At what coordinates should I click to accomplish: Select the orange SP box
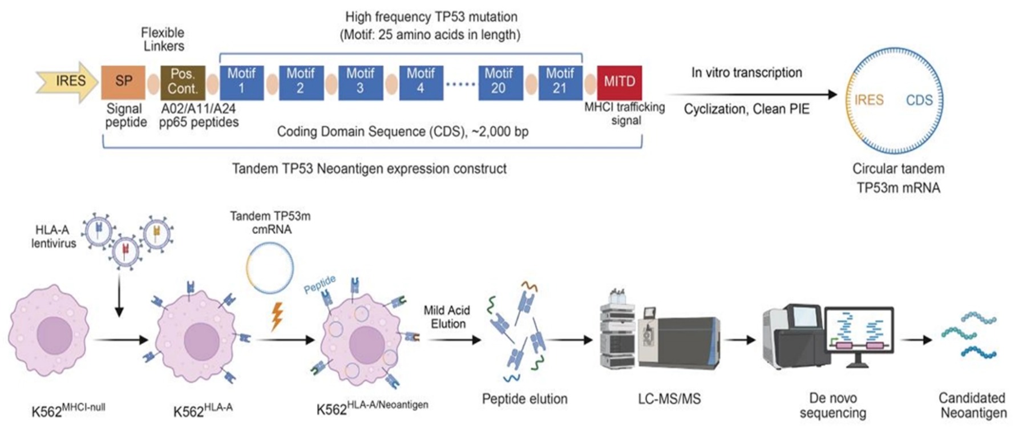(x=123, y=82)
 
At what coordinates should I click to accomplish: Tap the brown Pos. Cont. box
(x=183, y=82)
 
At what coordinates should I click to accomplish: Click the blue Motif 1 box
(x=241, y=82)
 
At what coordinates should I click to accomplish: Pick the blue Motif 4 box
(x=420, y=82)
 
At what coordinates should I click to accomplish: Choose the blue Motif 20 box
(x=498, y=82)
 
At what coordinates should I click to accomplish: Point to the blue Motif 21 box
(x=560, y=82)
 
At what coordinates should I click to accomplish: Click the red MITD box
(x=619, y=82)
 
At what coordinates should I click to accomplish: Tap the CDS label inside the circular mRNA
(x=919, y=100)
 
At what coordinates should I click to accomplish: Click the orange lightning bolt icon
(x=277, y=316)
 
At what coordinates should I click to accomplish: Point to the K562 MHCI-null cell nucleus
(x=54, y=334)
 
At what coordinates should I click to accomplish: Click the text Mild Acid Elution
(x=447, y=317)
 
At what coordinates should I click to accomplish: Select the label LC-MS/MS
(x=669, y=399)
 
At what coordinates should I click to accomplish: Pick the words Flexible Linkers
(x=163, y=39)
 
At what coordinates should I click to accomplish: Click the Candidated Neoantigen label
(x=972, y=405)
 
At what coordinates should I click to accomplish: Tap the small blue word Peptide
(x=320, y=284)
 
